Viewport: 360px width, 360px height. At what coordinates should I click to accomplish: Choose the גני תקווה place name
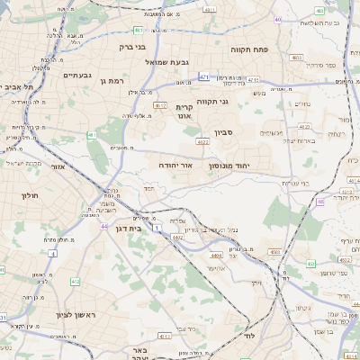coord(236,102)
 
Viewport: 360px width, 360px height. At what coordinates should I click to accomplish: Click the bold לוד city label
coord(248,335)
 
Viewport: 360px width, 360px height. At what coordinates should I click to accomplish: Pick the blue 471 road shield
coord(204,77)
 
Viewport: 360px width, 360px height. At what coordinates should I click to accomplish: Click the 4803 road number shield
coord(297,58)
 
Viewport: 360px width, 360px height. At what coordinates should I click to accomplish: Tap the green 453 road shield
coord(310,265)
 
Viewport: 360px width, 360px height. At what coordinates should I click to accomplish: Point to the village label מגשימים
coord(272,132)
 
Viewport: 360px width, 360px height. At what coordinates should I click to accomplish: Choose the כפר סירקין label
coord(320,66)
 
